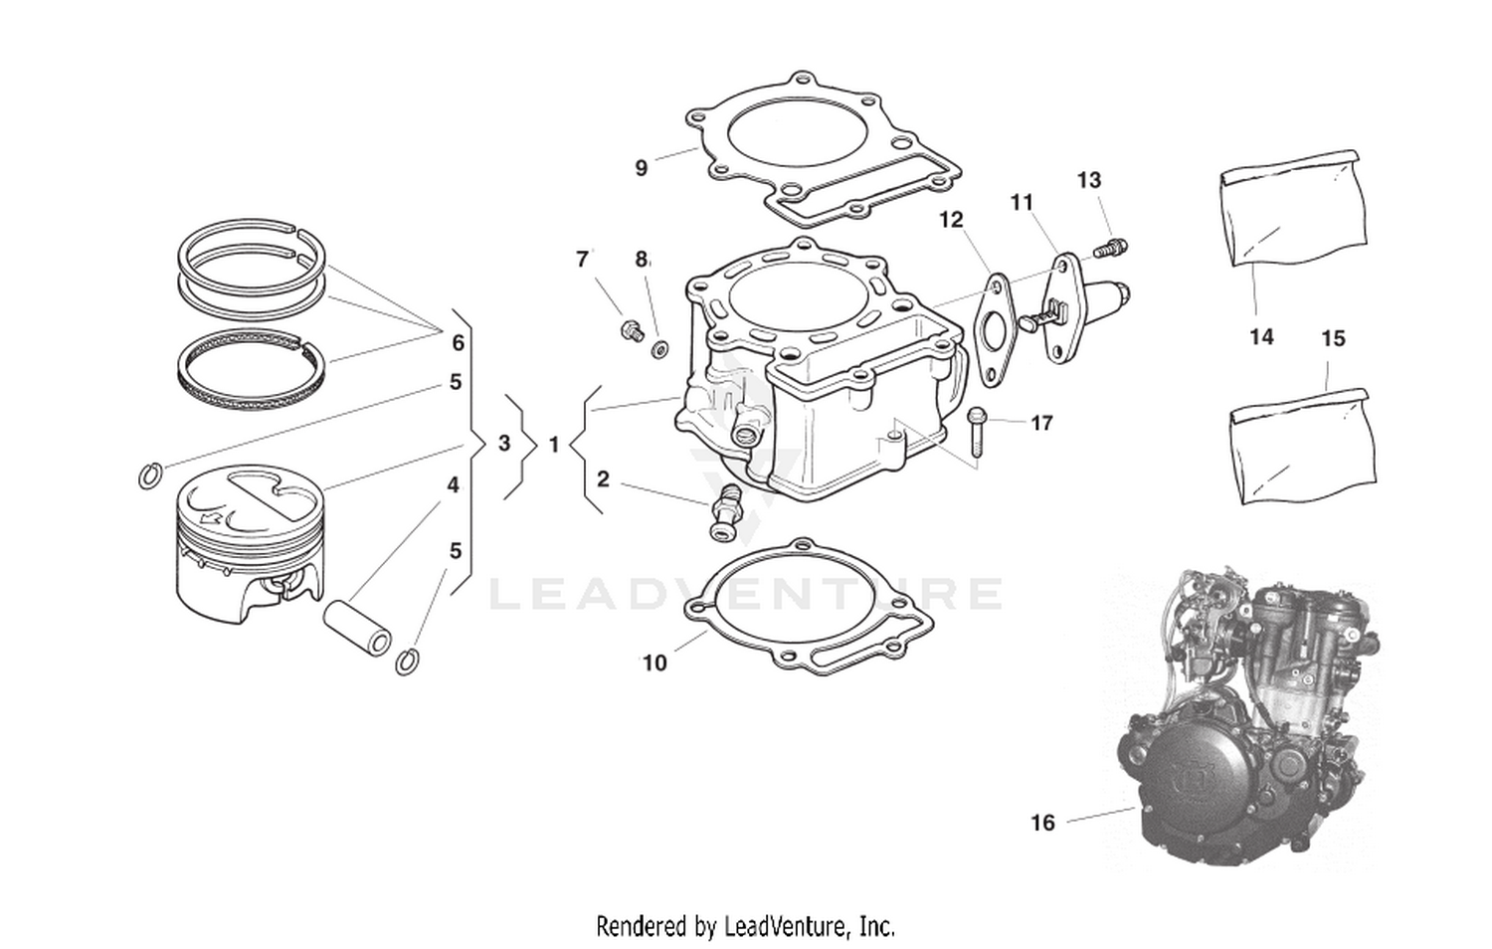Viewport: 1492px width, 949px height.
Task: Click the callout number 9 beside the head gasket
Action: (642, 168)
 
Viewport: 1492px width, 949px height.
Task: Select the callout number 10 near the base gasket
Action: (654, 663)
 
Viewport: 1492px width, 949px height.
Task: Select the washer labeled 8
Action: (659, 349)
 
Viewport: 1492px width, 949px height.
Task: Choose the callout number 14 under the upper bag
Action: (1261, 337)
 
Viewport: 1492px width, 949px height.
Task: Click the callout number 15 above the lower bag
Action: (1333, 338)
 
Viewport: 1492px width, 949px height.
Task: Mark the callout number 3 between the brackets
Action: (504, 443)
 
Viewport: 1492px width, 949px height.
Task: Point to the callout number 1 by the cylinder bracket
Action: (554, 445)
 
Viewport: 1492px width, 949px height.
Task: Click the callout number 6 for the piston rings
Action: (458, 343)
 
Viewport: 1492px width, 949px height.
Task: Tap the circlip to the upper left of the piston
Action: (148, 476)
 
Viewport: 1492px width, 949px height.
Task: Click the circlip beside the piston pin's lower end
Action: (406, 661)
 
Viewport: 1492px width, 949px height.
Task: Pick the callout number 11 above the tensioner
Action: (1023, 203)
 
